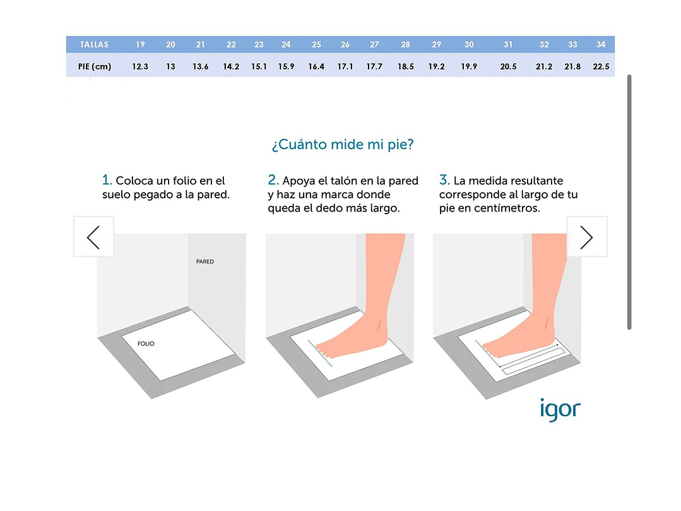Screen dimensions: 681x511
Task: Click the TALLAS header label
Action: click(94, 44)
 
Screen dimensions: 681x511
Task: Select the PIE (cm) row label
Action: click(95, 66)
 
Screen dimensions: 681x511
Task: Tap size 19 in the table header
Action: click(140, 44)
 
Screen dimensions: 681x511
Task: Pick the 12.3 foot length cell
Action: click(140, 66)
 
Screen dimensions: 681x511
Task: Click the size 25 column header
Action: click(317, 44)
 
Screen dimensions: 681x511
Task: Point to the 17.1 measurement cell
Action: click(345, 66)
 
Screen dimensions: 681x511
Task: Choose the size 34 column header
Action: click(601, 44)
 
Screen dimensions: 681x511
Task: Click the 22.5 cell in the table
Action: click(601, 66)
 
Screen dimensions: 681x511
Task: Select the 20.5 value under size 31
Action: click(508, 66)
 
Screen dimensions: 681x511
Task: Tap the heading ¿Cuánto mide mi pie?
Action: click(343, 144)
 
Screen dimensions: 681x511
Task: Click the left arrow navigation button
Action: click(93, 237)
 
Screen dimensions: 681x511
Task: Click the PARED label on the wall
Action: click(205, 262)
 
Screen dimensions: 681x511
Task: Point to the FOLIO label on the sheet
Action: click(146, 344)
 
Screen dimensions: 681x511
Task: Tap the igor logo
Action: click(560, 409)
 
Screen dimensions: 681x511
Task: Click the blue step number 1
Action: click(107, 180)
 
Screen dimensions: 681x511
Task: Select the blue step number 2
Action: click(273, 180)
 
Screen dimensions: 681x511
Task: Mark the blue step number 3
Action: click(444, 180)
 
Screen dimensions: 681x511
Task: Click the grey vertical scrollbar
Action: click(629, 202)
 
